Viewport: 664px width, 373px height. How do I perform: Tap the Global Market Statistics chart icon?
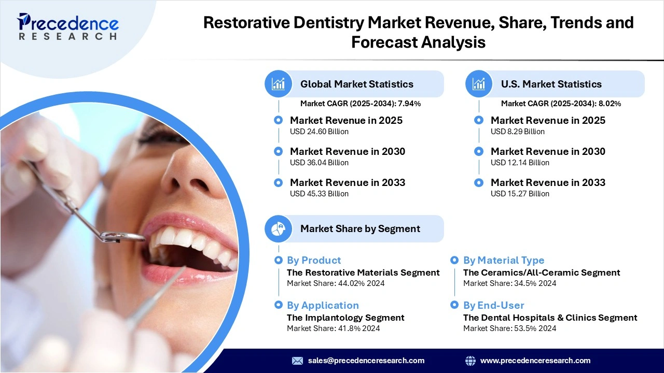[279, 84]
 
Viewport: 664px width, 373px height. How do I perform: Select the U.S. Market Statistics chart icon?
[479, 84]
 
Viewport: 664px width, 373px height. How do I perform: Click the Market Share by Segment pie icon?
[279, 228]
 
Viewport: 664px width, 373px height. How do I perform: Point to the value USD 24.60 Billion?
[319, 132]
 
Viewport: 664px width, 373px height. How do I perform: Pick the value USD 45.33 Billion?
[319, 194]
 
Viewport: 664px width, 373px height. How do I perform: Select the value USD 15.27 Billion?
[520, 194]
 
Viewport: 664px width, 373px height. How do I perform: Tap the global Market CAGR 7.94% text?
[361, 104]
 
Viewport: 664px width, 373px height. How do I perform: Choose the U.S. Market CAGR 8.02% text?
[561, 104]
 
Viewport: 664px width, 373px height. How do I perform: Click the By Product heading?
[314, 260]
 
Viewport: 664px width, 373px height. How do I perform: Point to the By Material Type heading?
[504, 260]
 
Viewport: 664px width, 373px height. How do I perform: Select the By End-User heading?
[493, 305]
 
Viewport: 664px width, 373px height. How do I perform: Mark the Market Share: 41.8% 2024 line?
[333, 328]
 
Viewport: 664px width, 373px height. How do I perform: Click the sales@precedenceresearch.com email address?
[366, 361]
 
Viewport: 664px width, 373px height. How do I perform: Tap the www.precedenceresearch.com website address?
[535, 361]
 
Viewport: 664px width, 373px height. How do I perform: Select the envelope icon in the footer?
[297, 361]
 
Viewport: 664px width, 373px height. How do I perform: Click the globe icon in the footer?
[471, 361]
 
